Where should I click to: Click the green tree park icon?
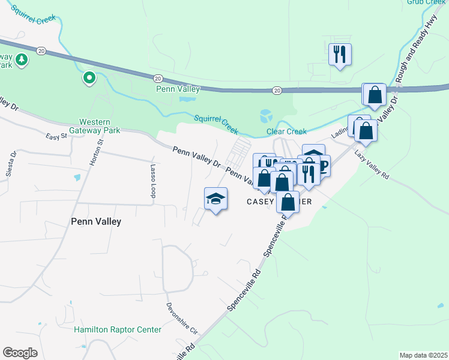tap(22, 59)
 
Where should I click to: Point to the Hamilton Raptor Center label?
tap(118, 329)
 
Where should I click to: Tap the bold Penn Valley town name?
tap(97, 221)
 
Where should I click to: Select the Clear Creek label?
tap(286, 131)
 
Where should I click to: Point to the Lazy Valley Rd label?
tap(372, 165)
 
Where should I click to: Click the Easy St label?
tap(56, 137)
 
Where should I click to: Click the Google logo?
tap(20, 353)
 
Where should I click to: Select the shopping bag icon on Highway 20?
tap(375, 95)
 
